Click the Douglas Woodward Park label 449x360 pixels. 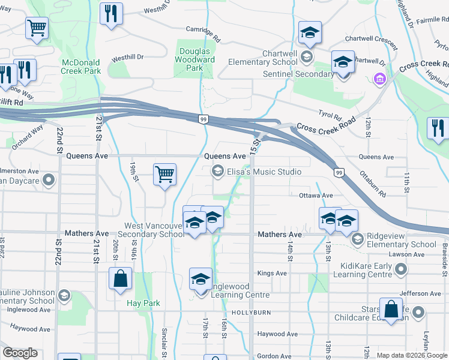click(194, 60)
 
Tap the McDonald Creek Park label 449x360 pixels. click(81, 66)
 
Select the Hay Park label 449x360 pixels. click(143, 303)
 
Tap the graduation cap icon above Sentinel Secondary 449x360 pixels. click(343, 62)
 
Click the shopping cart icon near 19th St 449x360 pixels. click(164, 175)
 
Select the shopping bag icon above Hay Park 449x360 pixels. click(121, 278)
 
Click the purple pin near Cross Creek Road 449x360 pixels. click(379, 79)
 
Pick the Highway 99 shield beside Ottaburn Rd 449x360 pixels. click(339, 173)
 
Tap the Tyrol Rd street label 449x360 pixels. click(330, 116)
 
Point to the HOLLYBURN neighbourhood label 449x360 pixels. click(246, 313)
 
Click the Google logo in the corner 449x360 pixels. click(20, 353)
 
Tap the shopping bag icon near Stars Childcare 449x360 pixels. click(391, 310)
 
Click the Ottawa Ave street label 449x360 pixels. click(316, 196)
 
